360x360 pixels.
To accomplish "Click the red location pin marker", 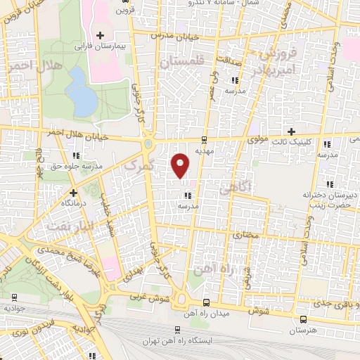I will click(x=181, y=165).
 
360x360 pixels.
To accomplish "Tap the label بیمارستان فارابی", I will click(x=103, y=46).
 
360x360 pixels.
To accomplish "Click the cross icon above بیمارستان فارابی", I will click(x=101, y=34).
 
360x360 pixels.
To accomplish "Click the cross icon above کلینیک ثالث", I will click(x=292, y=131).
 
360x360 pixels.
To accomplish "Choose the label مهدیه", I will click(x=205, y=150).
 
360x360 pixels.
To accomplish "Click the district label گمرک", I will click(x=139, y=167).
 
